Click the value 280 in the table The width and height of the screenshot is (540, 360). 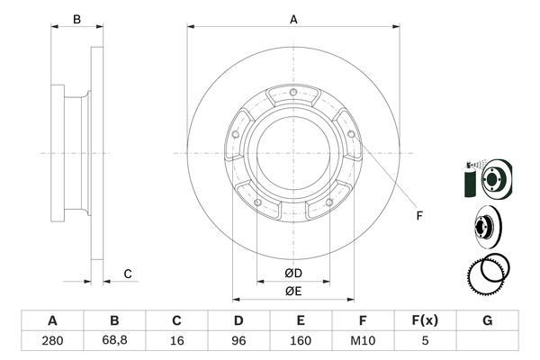pos(52,343)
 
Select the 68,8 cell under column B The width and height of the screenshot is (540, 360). pos(114,343)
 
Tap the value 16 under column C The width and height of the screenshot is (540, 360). pos(176,343)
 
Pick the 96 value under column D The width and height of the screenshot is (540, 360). pos(238,343)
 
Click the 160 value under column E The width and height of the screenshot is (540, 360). pos(301,343)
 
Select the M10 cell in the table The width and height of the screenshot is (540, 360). pos(363,343)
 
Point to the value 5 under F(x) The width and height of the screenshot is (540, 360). pos(425,343)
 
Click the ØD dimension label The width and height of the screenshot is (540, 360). pos(293,273)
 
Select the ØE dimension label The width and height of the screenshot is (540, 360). pos(293,291)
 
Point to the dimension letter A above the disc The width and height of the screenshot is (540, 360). pos(293,18)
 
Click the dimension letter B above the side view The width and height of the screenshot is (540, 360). pos(77,19)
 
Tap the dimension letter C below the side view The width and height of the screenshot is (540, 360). pos(128,274)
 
